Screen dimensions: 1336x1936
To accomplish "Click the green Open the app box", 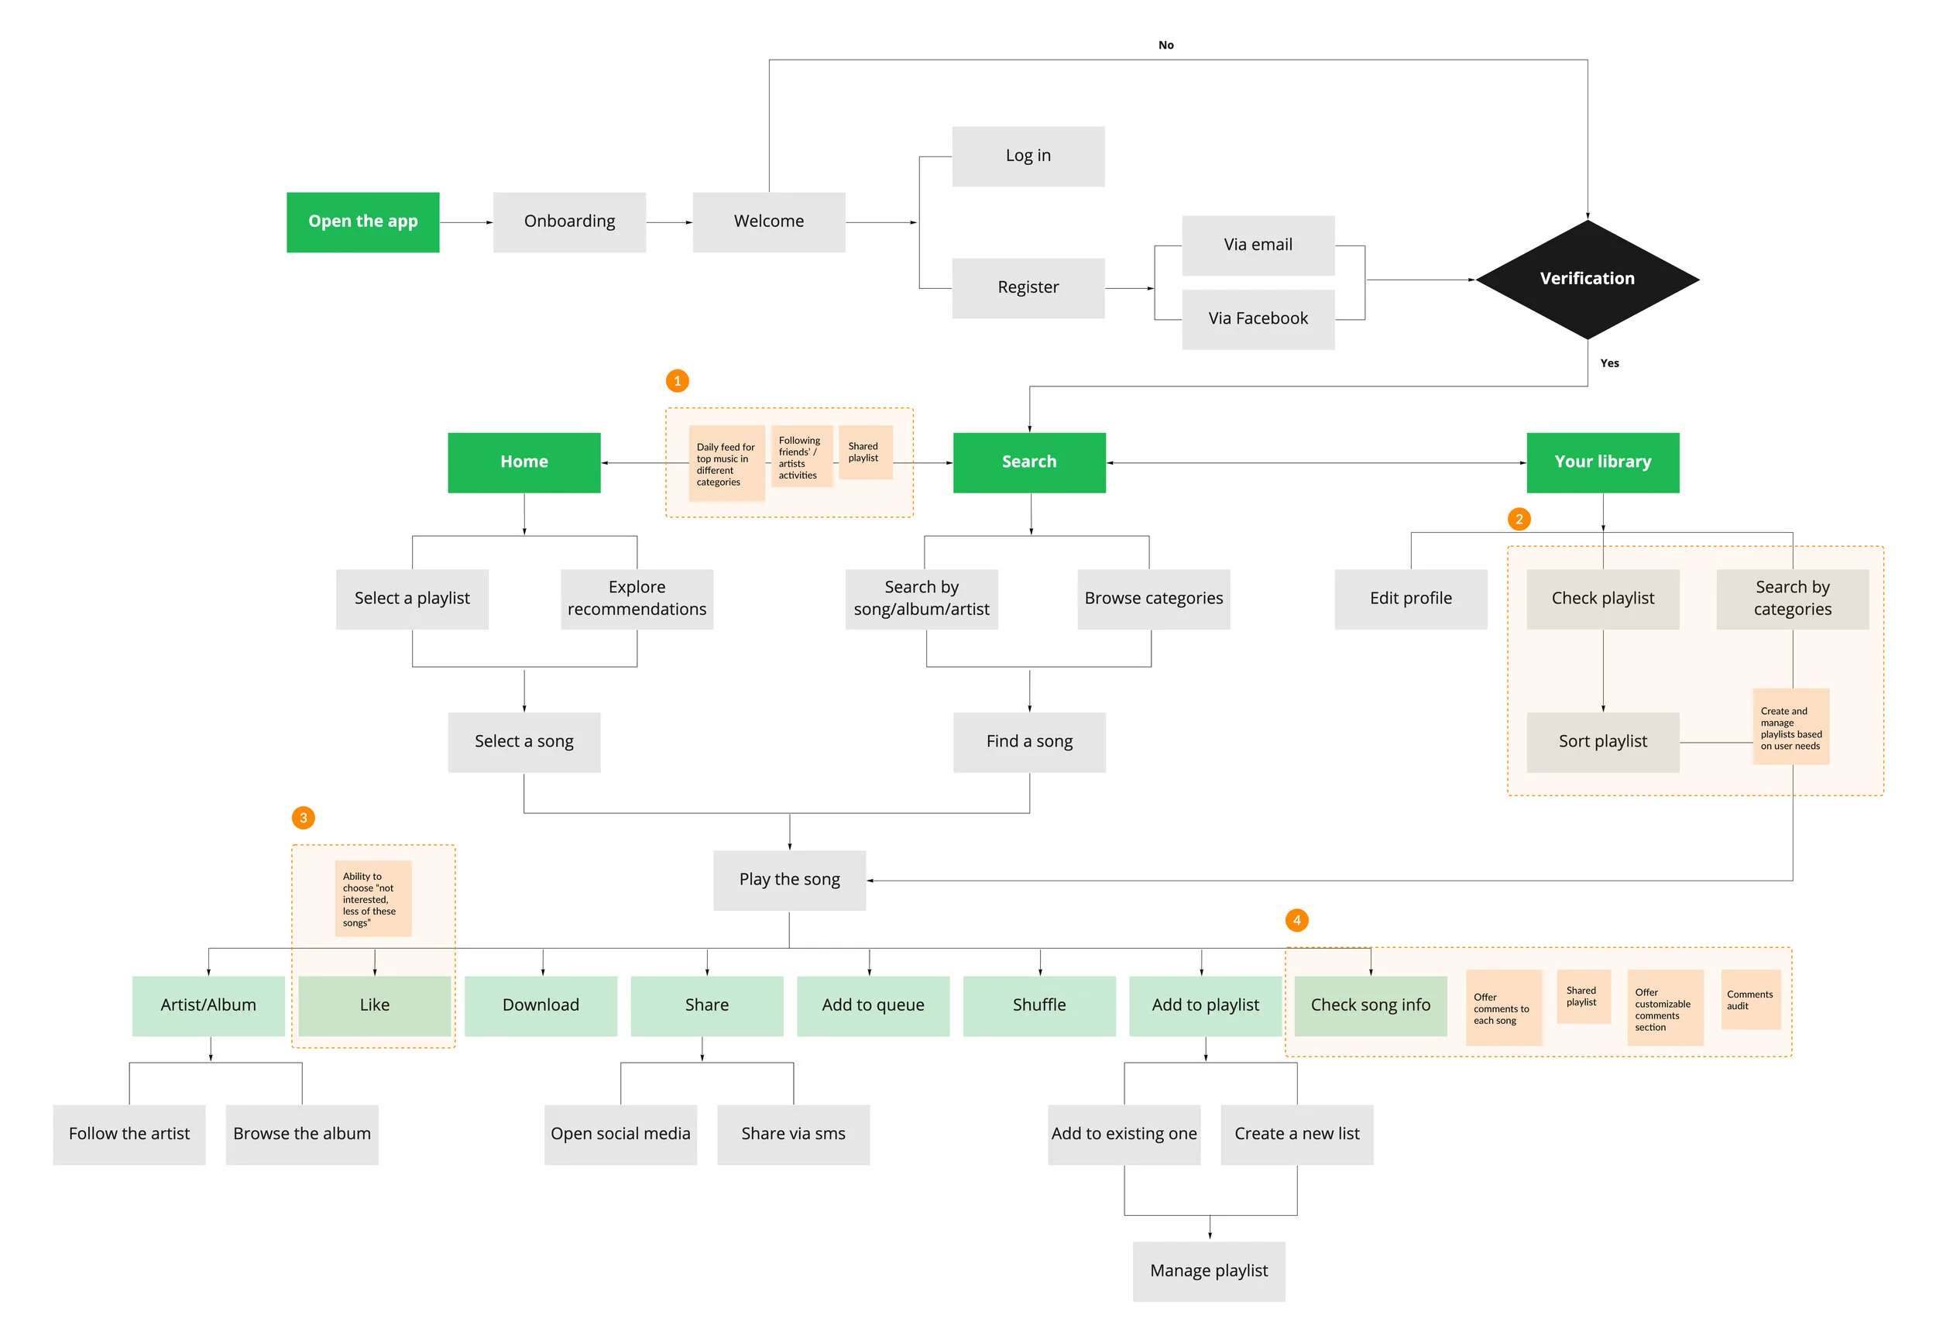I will [x=362, y=222].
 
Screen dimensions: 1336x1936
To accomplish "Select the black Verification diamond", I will [x=1586, y=279].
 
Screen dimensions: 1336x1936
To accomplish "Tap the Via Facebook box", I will [x=1257, y=319].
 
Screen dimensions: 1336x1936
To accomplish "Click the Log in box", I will [x=1027, y=156].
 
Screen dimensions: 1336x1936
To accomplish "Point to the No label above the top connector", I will [x=1165, y=45].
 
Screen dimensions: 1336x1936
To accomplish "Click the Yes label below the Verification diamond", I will [x=1608, y=363].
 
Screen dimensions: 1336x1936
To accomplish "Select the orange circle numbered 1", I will [x=677, y=381].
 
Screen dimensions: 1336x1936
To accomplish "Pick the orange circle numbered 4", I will [x=1296, y=921].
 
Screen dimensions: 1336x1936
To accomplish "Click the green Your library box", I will [x=1602, y=462].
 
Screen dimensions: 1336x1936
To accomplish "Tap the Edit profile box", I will [x=1410, y=599].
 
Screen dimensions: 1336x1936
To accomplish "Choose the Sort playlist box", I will [x=1602, y=742].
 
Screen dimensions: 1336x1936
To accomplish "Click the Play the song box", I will [x=789, y=880].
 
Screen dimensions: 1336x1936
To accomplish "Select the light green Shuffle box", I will [x=1038, y=1005].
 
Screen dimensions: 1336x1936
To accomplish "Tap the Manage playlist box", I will [x=1209, y=1271].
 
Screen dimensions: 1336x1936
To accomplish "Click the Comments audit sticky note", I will [x=1749, y=1001].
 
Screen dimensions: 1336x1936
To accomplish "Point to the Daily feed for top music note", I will [x=726, y=464].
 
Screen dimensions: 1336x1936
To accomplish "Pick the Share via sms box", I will [x=793, y=1135].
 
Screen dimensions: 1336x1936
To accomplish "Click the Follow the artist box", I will [x=129, y=1135].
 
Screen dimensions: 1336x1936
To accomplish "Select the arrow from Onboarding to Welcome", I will [x=669, y=223].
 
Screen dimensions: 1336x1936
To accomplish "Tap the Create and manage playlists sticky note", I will [x=1790, y=727].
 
